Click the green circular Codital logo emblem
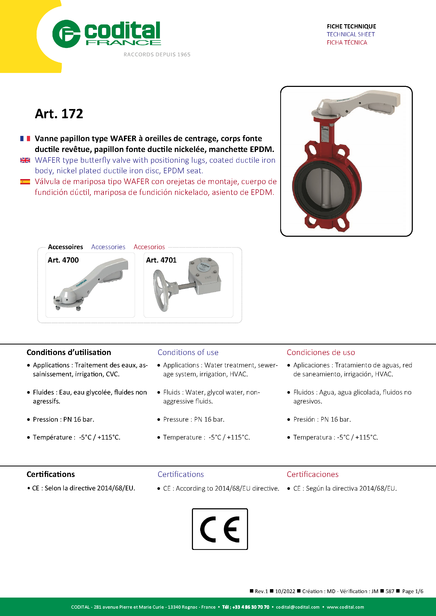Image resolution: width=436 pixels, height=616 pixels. [x=66, y=34]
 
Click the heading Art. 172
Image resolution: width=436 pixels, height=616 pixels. [x=59, y=114]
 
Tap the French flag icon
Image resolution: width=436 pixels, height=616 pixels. [x=25, y=139]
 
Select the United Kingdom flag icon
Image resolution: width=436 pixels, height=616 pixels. [x=25, y=160]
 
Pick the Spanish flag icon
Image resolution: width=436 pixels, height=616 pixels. [x=25, y=182]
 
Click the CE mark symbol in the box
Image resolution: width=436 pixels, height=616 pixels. [x=220, y=529]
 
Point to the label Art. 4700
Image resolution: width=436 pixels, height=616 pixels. [x=63, y=260]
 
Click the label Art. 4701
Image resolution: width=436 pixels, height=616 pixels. [x=161, y=260]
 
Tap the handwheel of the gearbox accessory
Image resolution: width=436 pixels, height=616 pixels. [x=161, y=290]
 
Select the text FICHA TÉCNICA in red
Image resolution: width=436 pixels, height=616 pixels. [x=347, y=42]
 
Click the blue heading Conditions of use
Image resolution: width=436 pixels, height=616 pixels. [x=188, y=352]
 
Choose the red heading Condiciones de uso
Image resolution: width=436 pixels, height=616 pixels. [x=321, y=352]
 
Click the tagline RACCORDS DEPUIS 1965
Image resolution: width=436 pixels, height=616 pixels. [x=157, y=55]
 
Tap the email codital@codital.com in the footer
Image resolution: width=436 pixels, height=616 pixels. [x=297, y=607]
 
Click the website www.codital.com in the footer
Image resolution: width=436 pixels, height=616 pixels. [x=345, y=607]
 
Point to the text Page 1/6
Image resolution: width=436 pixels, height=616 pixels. [x=412, y=591]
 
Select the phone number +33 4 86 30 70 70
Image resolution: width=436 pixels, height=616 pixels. [x=251, y=607]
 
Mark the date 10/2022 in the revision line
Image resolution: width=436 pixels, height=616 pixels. [x=285, y=591]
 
